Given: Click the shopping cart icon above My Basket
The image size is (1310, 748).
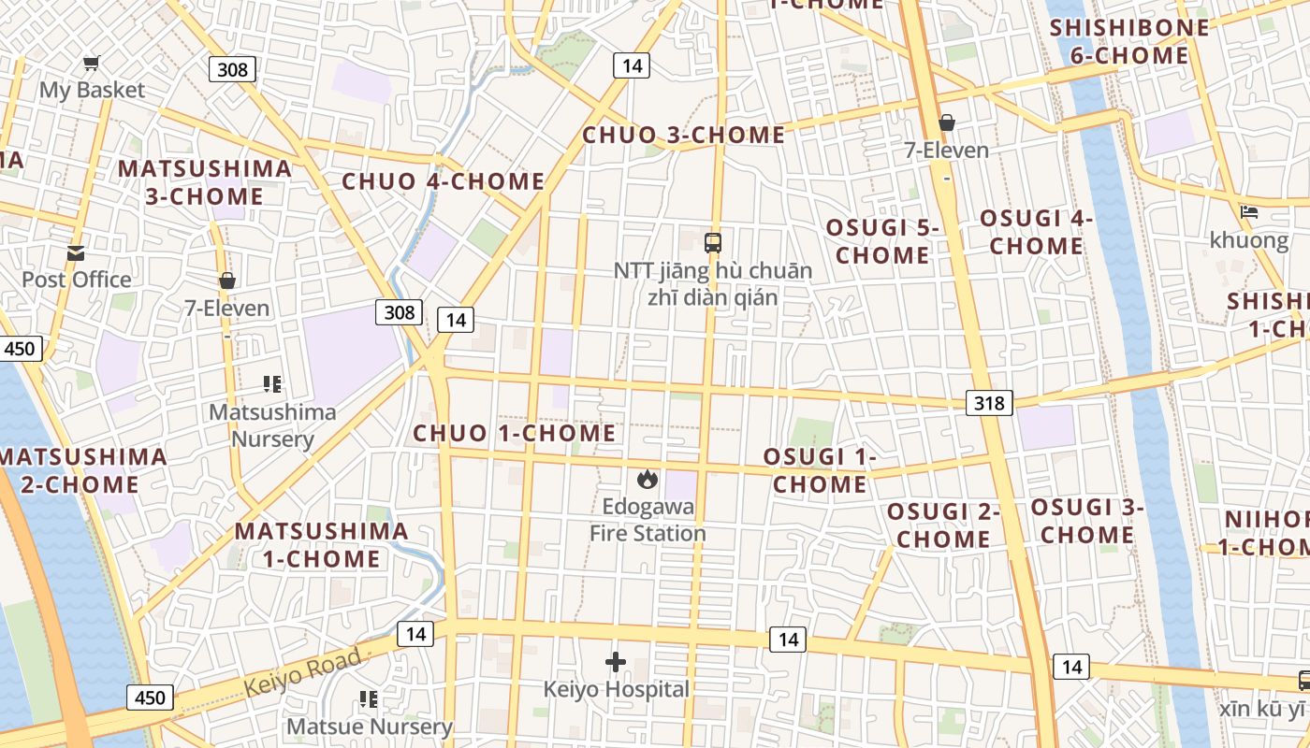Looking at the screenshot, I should [91, 64].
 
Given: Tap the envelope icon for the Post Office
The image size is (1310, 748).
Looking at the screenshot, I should [76, 252].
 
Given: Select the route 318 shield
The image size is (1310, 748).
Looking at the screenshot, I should [988, 403].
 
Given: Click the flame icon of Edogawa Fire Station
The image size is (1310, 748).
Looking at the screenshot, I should [646, 480].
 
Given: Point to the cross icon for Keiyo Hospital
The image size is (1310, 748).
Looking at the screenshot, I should [615, 662].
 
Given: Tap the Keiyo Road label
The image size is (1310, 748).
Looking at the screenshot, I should [302, 673].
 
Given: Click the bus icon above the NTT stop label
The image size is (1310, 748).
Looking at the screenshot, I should [713, 243].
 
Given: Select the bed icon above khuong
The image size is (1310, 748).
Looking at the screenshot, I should [1248, 212].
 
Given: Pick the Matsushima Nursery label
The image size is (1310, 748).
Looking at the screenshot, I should [272, 425].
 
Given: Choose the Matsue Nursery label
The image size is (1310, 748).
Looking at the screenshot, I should [370, 726].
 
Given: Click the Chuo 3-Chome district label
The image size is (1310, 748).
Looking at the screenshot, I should [684, 135].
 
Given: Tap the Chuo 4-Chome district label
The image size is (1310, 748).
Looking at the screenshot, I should [443, 181].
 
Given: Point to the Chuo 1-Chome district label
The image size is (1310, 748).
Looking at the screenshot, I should [515, 433].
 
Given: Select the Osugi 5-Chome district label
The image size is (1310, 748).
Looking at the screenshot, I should [881, 241].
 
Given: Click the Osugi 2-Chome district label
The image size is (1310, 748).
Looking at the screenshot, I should [943, 525].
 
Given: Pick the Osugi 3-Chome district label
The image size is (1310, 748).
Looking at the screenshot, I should [1088, 521].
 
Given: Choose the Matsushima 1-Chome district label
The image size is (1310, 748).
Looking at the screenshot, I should [321, 545].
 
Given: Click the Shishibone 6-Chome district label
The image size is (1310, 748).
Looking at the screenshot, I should [1129, 41].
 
